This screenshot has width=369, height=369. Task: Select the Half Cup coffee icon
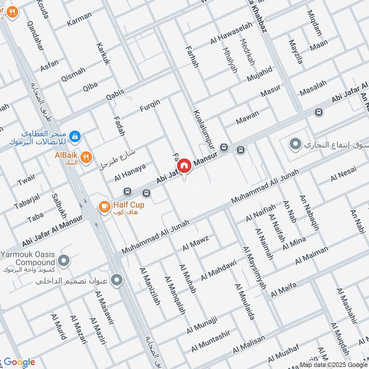(104, 206)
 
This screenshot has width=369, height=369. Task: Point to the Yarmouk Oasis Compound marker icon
(65, 262)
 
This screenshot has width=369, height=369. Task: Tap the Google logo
(19, 362)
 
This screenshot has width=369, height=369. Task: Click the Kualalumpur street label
(204, 130)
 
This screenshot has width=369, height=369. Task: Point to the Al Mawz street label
(196, 243)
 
